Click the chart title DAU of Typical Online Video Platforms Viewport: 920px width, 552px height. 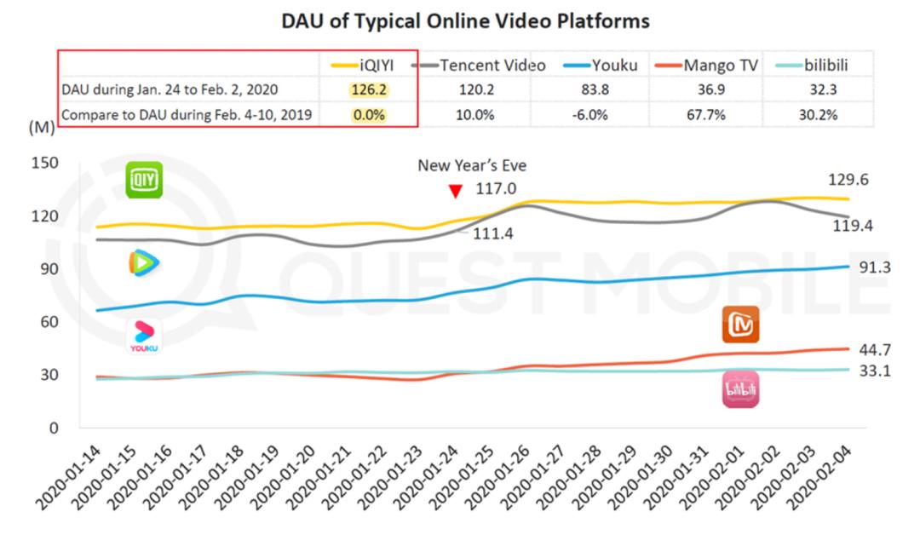click(465, 21)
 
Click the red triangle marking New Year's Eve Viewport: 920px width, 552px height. click(456, 192)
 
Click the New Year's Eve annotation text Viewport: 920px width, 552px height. click(471, 166)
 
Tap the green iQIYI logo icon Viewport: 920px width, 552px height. click(144, 180)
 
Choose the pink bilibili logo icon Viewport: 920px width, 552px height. click(740, 389)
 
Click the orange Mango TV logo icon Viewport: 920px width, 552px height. click(740, 325)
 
